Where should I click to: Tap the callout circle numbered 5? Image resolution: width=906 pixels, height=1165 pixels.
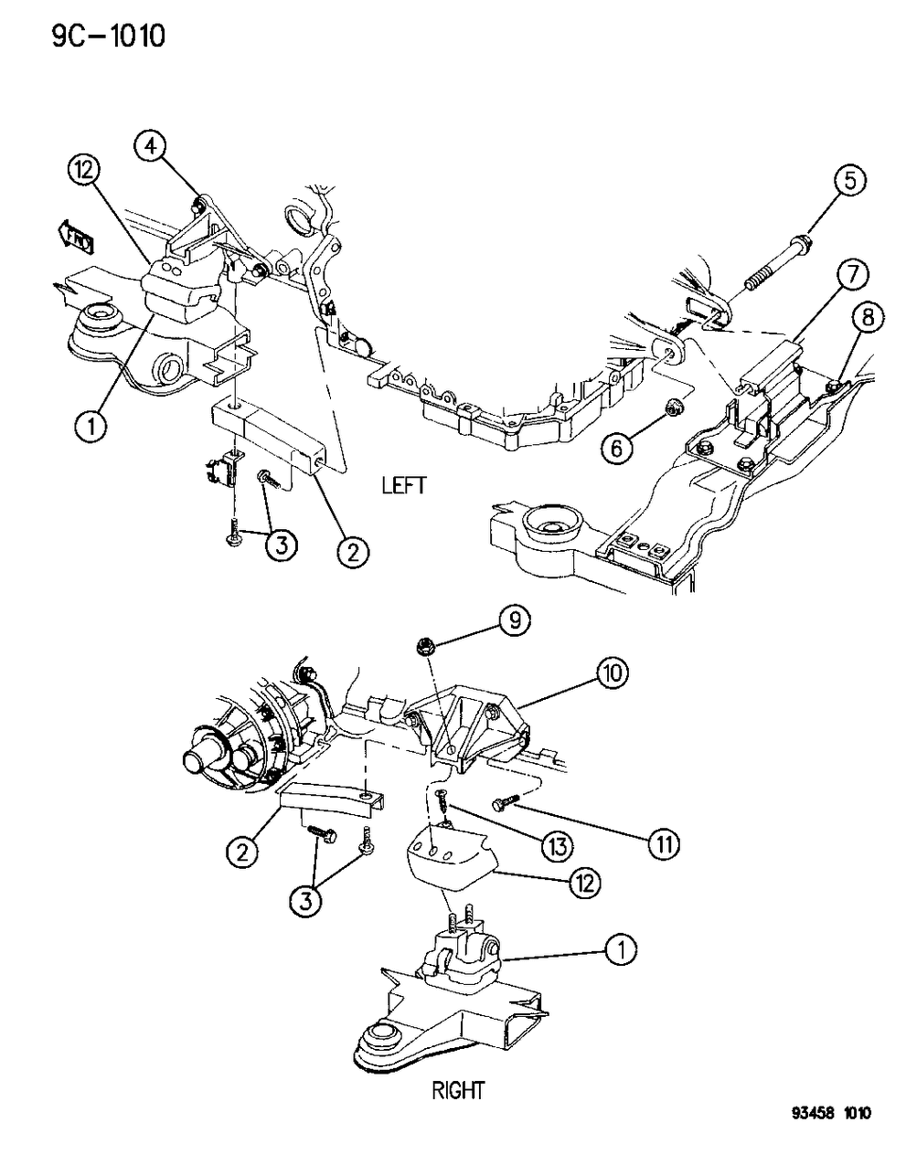(849, 181)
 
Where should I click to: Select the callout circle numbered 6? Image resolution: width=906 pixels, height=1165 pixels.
(618, 446)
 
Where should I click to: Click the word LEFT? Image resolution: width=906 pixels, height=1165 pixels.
(403, 484)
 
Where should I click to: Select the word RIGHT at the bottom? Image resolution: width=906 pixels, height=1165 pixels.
(460, 1090)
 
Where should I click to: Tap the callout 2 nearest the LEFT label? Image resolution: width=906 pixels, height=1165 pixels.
(353, 550)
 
